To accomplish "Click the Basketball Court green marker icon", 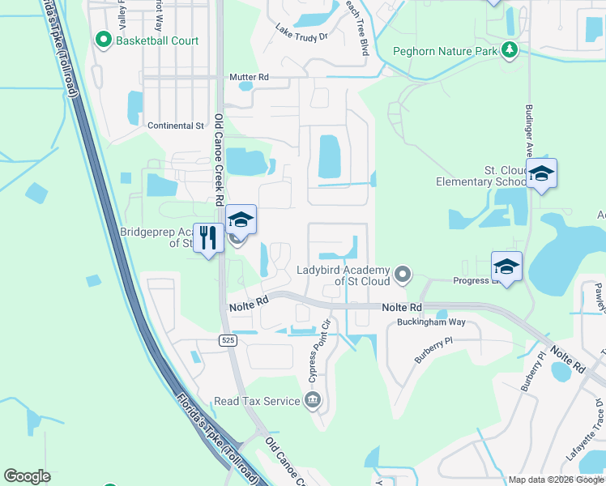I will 103,40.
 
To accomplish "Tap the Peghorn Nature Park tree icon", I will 510,51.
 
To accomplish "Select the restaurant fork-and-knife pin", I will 208,237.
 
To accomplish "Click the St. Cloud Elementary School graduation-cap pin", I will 541,173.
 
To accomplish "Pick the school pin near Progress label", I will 506,266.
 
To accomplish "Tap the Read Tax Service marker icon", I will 313,401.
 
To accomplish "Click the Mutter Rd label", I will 249,77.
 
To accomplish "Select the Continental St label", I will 176,126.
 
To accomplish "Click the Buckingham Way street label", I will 431,322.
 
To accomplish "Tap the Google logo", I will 27,476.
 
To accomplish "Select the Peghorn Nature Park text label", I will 445,51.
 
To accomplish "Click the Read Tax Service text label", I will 257,401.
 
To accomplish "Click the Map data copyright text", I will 556,480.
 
